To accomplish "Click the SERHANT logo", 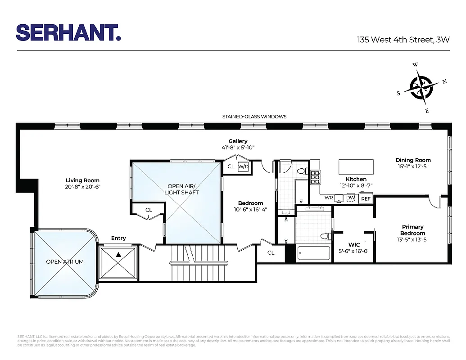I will pos(68,33).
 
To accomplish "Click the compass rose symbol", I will pos(421,87).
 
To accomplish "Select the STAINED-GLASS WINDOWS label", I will pos(254,117).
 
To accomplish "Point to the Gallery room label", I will pos(238,141).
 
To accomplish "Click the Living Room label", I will pos(82,180).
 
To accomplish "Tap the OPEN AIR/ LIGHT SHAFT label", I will pos(183,189).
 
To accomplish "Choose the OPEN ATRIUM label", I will pos(65,261).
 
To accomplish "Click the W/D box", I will pos(244,166).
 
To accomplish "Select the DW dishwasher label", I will pos(351,198).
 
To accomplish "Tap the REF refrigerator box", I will pos(366,198).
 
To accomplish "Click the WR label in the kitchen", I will pos(329,198).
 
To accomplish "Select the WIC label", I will pos(354,245).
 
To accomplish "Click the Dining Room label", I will pos(413,160).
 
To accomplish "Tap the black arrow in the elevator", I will pos(118,255).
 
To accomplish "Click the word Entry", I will pos(118,238).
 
